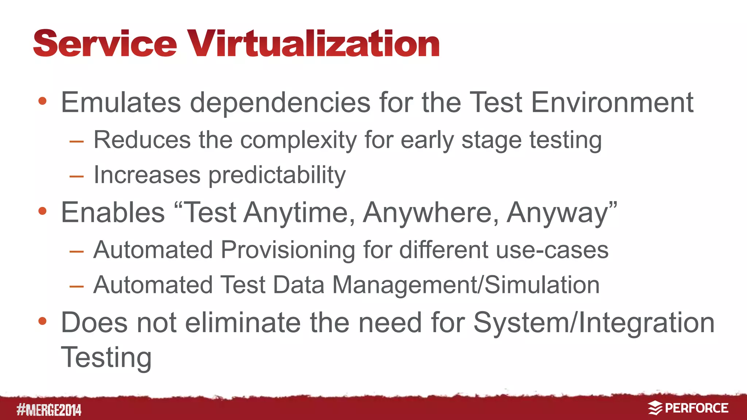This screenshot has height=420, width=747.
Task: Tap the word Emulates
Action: [x=121, y=102]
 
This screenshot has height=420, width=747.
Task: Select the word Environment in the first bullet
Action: [x=612, y=102]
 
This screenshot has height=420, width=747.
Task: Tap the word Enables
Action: [x=113, y=213]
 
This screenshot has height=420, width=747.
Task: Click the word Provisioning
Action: [x=288, y=250]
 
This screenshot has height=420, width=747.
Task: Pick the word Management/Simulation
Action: [x=466, y=285]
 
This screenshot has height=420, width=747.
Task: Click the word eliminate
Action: [x=243, y=323]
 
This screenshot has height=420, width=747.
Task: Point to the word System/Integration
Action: [x=594, y=323]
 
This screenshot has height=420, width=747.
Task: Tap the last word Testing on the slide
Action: [x=106, y=358]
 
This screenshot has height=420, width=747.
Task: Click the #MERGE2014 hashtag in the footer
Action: [x=49, y=410]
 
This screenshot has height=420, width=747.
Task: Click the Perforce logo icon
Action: [x=655, y=408]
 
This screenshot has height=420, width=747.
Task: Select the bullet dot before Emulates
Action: [x=42, y=101]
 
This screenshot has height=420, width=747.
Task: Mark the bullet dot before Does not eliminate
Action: [x=42, y=321]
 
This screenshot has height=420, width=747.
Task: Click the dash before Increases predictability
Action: [x=77, y=177]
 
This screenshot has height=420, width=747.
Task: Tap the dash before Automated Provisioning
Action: [x=77, y=251]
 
